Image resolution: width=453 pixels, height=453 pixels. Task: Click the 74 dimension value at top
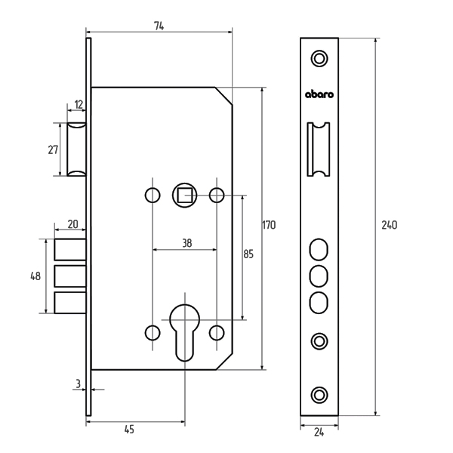pos(159,26)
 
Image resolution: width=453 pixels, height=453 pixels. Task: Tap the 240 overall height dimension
pos(389,225)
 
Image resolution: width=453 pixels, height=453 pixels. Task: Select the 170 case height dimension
pos(269,225)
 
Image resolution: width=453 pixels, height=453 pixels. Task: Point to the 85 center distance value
pos(248,254)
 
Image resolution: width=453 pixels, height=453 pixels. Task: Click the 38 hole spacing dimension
pos(187,243)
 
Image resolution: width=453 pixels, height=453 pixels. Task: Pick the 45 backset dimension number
pos(129,430)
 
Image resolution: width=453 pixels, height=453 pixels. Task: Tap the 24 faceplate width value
pos(319,433)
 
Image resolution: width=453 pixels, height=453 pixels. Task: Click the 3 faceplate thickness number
pos(78,384)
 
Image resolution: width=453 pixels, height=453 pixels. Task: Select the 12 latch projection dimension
pos(79,105)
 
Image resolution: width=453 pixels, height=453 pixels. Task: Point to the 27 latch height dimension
pos(53,150)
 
